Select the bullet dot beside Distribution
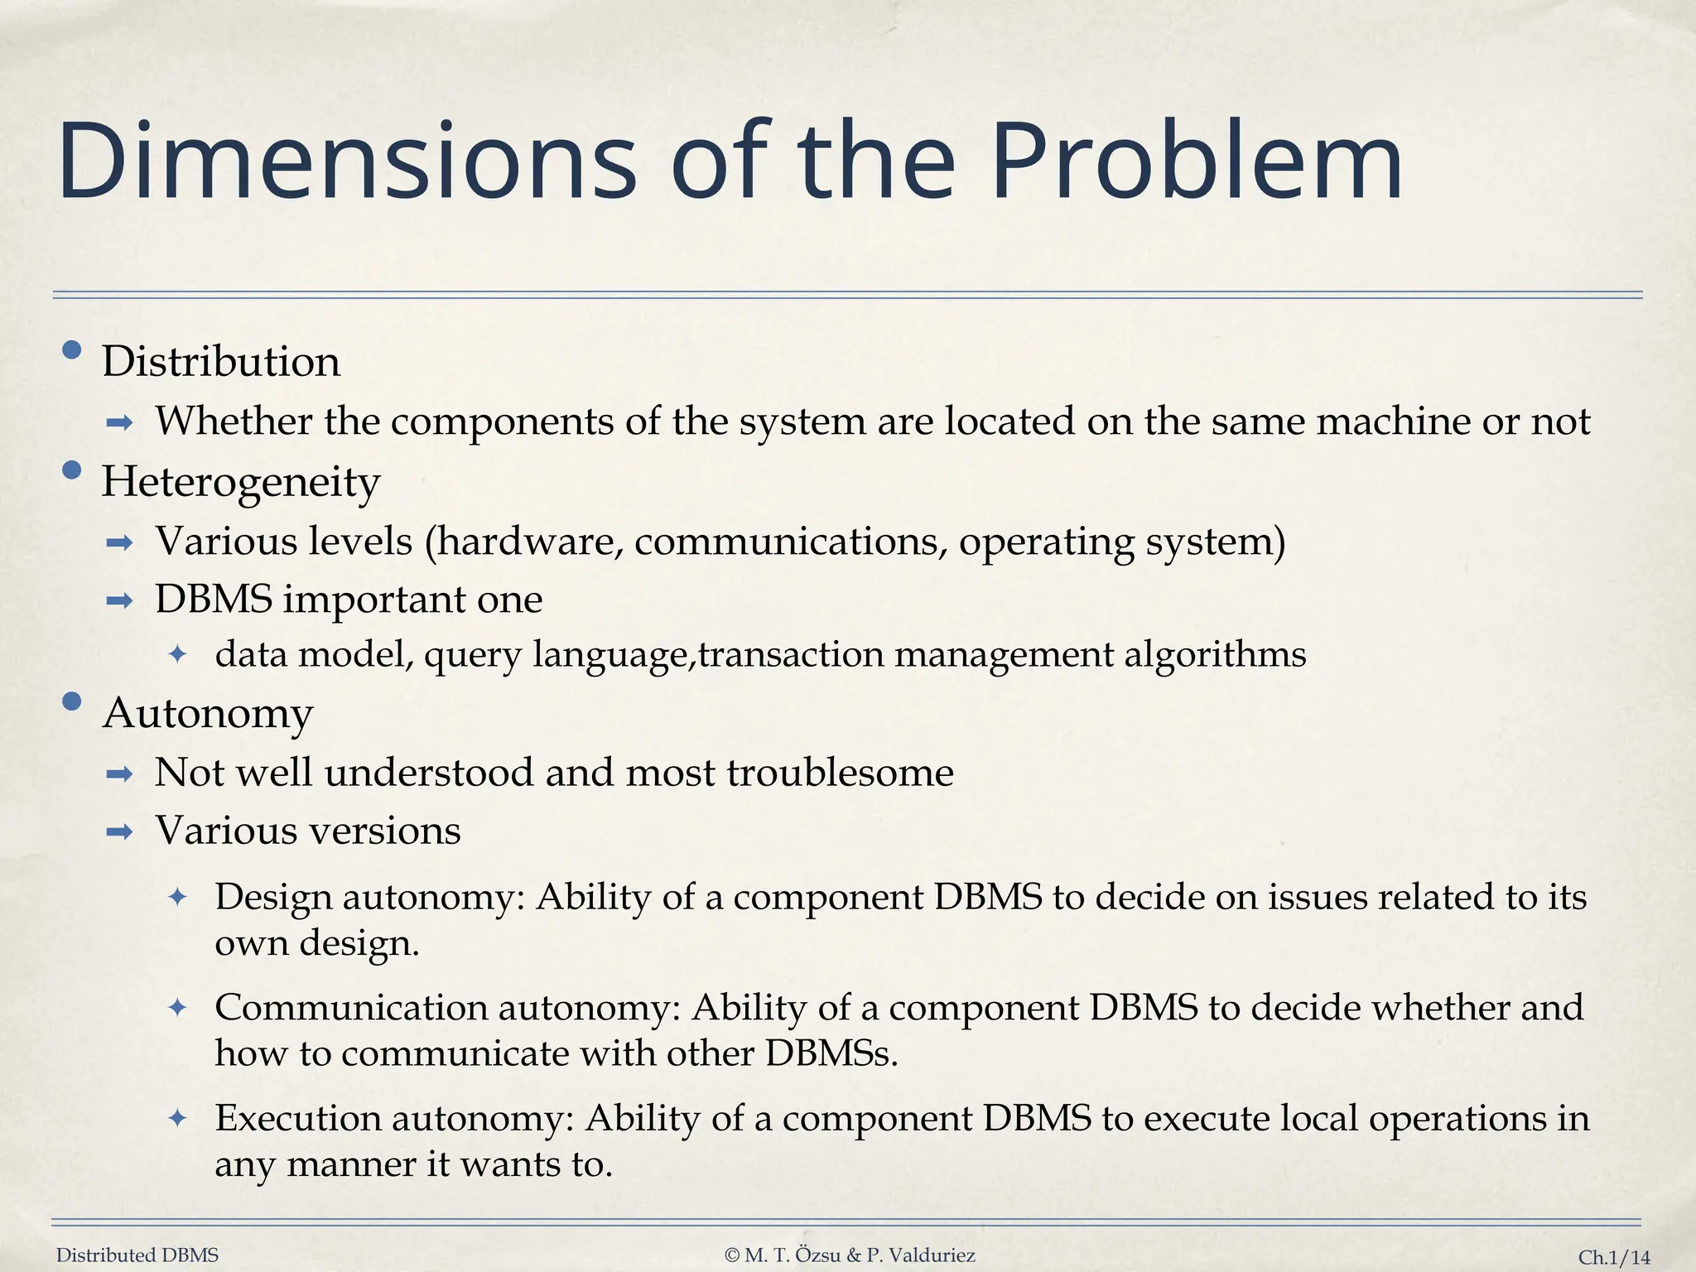[72, 351]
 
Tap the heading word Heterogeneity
[240, 482]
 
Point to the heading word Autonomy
[208, 713]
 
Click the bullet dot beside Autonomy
[72, 702]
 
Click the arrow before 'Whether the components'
[120, 424]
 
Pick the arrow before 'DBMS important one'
[120, 601]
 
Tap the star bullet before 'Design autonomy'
[178, 897]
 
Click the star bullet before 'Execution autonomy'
[178, 1119]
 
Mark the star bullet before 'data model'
[178, 655]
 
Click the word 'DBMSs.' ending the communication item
[831, 1053]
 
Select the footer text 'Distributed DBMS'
[137, 1255]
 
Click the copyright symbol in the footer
[731, 1255]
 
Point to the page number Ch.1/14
[1614, 1257]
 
